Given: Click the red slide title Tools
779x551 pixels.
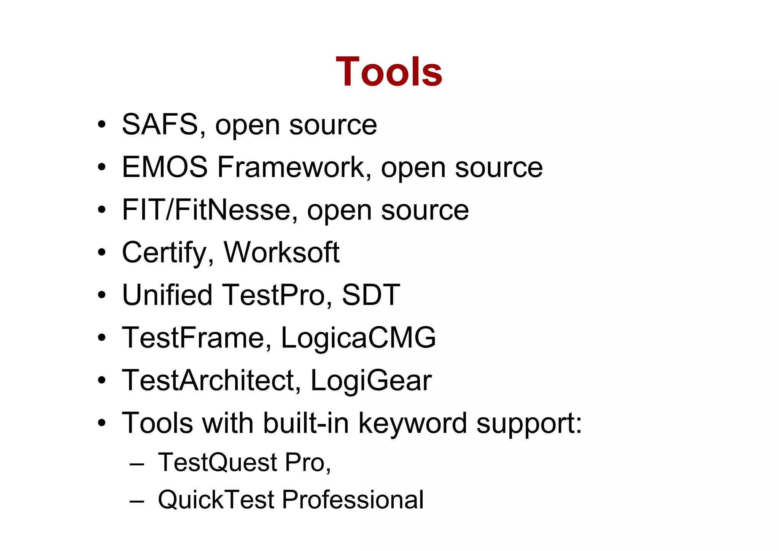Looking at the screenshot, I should coord(389,72).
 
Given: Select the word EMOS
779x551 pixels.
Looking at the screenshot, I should coord(165,167).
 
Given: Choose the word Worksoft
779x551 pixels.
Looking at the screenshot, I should coord(281,252).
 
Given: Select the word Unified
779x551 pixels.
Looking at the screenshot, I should coord(167,295).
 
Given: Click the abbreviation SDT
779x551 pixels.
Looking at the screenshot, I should coord(370,295).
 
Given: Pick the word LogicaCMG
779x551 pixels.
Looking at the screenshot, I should coord(358,338).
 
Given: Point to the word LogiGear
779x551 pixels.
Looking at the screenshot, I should coord(371,381).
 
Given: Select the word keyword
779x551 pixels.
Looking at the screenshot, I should coord(412,423).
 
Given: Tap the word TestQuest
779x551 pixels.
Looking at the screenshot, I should coord(218,463).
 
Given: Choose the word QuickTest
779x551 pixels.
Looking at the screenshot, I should coord(216,499).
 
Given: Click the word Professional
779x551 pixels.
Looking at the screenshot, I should coord(353,499).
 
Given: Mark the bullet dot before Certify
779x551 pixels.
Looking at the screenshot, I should coord(101,252).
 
